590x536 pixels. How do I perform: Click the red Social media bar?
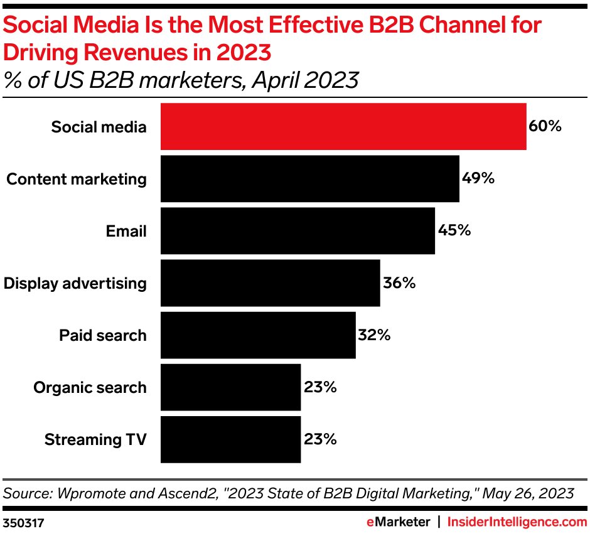click(343, 127)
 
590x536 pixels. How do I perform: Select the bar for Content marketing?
click(309, 179)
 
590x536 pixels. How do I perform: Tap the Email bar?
click(298, 231)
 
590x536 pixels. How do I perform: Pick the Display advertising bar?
click(270, 283)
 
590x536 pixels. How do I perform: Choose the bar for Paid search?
click(258, 335)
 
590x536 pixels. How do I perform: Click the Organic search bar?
click(230, 387)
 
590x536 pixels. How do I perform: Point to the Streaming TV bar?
click(230, 439)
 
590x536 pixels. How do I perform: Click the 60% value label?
click(545, 127)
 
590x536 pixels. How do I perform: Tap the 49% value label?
click(478, 179)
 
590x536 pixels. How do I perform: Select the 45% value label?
click(454, 231)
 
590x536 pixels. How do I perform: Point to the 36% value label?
click(399, 283)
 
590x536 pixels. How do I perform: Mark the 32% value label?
click(374, 335)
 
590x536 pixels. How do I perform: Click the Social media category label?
click(99, 127)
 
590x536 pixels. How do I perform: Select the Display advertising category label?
click(75, 284)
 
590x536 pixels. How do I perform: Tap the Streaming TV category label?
click(95, 439)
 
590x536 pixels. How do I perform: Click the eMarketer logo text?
click(398, 522)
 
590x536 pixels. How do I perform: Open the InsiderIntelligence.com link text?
click(517, 522)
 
